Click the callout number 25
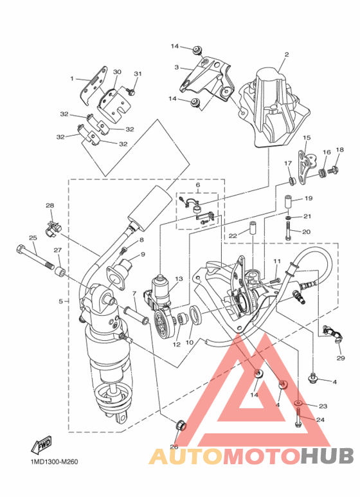33,238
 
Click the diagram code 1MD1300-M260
54,462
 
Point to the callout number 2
287,54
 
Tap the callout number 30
117,72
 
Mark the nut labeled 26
180,425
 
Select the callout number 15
307,138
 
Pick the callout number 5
61,301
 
